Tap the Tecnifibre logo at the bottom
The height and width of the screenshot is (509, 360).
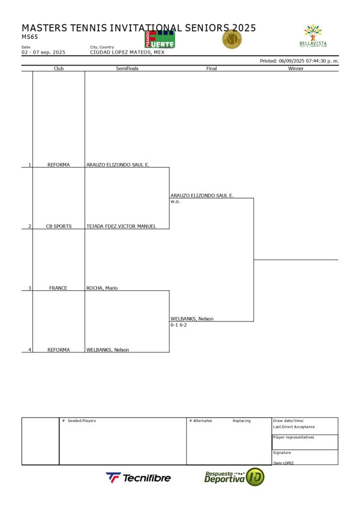coord(138,478)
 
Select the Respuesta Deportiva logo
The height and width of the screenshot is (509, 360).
coord(234,477)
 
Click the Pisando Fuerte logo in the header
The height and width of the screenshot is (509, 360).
coord(160,39)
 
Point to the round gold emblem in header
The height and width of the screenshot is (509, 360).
coord(231,39)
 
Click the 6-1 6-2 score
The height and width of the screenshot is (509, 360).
coord(179,325)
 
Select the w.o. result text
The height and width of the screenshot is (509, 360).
coord(175,202)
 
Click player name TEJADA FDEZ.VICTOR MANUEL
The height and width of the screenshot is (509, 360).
coord(121,226)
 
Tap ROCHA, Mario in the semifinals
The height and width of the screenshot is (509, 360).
coord(102,288)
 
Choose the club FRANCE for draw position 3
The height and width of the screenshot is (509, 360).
coord(58,288)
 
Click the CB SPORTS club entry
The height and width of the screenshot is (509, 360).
coord(59,226)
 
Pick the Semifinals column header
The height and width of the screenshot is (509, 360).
coord(127,69)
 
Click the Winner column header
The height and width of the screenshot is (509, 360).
coord(296,69)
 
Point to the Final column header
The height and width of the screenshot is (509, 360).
coord(211,69)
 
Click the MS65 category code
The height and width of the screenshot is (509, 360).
coord(30,37)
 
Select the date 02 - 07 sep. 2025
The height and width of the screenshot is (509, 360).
coord(43,52)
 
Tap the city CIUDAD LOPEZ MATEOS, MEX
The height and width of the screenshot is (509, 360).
coord(127,52)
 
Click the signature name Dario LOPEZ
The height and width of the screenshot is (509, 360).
coord(283,463)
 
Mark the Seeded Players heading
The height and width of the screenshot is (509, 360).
coord(82,421)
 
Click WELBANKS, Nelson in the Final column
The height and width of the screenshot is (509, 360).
coord(192,319)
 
